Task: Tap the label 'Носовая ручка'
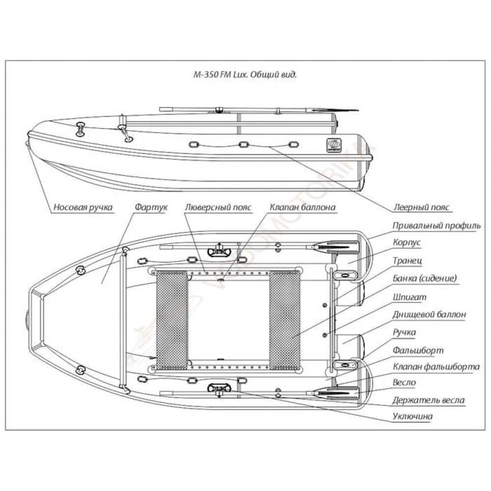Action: coord(83,208)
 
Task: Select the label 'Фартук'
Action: coord(151,208)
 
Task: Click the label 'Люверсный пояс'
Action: coord(218,208)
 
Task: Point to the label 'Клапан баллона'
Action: coord(302,208)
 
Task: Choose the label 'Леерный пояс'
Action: coord(422,208)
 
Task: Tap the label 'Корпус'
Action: coord(407,243)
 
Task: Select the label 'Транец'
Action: coord(408,261)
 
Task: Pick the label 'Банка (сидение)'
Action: coord(425,278)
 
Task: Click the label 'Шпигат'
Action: coord(409,297)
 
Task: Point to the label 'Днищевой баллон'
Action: coord(429,315)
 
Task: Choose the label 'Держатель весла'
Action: coord(428,400)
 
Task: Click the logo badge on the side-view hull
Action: coord(333,144)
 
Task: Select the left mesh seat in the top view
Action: coord(172,321)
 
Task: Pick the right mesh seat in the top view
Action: coord(285,321)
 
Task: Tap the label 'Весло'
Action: coord(405,382)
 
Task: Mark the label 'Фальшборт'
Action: coord(418,351)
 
